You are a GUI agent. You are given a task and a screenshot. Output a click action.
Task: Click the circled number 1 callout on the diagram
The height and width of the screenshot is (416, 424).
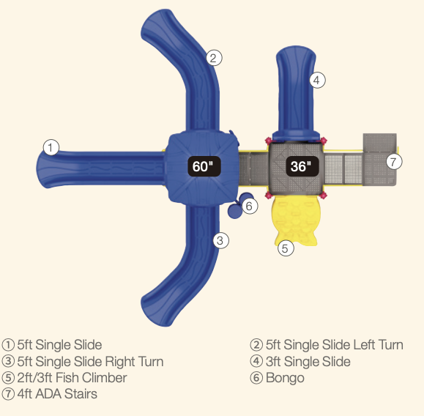click(51, 147)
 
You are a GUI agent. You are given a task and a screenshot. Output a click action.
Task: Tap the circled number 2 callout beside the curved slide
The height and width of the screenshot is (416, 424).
click(214, 58)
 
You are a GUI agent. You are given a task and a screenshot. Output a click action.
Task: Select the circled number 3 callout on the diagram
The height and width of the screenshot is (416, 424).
click(221, 240)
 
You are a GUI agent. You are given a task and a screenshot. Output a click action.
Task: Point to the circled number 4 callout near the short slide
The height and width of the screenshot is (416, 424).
click(318, 80)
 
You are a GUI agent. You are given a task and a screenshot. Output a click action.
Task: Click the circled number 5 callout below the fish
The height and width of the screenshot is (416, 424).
click(286, 248)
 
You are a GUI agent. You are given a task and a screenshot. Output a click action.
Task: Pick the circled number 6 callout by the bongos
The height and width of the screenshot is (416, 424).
click(250, 206)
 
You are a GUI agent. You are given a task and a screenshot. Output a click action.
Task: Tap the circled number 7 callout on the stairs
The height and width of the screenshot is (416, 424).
click(394, 161)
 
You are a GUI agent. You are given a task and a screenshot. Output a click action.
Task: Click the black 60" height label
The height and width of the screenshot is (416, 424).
click(204, 166)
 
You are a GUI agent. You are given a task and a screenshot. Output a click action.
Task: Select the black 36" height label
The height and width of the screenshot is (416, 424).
click(302, 166)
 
